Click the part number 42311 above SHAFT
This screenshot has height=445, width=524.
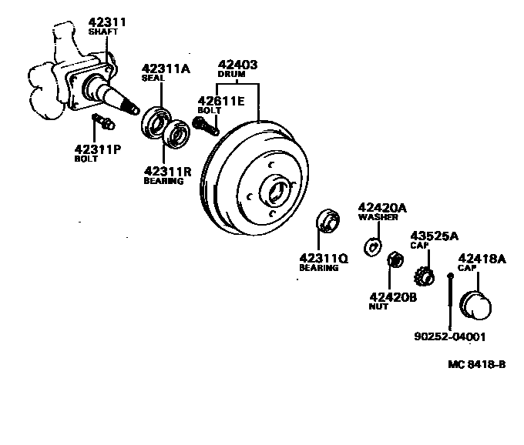[x=107, y=22]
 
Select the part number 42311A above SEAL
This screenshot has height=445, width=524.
[x=165, y=69]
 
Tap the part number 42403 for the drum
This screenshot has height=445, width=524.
[x=237, y=65]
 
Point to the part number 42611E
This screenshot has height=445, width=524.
[x=221, y=100]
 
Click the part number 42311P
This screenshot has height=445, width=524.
[x=98, y=149]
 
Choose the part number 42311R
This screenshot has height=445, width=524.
[x=167, y=171]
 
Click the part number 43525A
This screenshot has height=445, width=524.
[x=434, y=236]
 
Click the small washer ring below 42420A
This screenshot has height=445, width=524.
[x=372, y=246]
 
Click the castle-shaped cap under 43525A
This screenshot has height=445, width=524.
[x=422, y=274]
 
